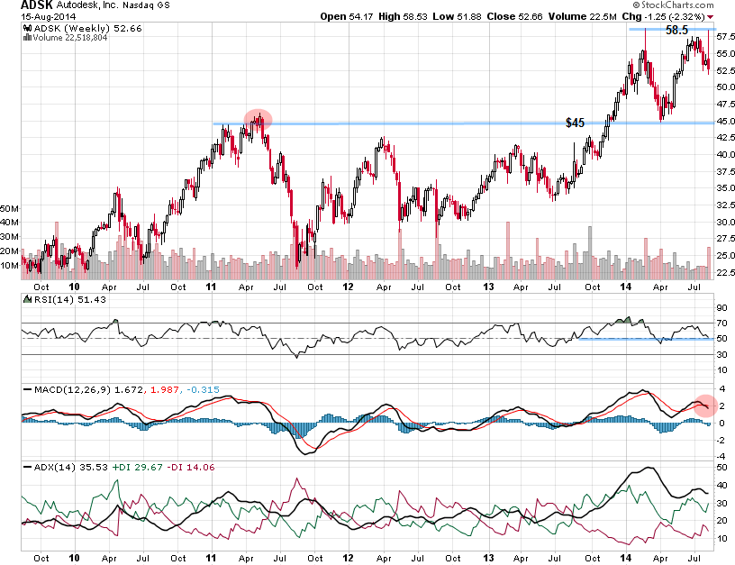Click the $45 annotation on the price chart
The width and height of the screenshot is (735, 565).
pos(575,123)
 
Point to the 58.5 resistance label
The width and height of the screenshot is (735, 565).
pos(676,30)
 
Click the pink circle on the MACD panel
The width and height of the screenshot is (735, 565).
pos(705,406)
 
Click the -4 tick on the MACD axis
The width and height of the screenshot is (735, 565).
pos(721,456)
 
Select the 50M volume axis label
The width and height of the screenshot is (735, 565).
pos(11,208)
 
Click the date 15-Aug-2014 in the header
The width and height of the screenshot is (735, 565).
pos(32,17)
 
